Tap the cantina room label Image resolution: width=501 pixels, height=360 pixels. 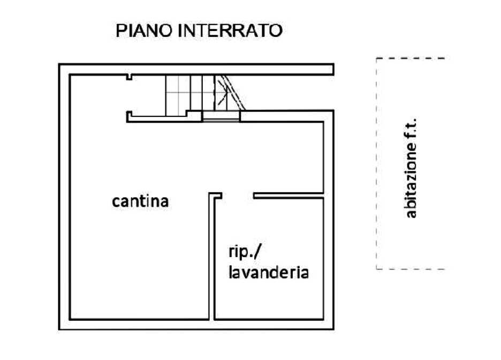pos(141,202)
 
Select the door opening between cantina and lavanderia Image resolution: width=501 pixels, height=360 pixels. pos(234,196)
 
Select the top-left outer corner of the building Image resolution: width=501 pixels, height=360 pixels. pos(60,65)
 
